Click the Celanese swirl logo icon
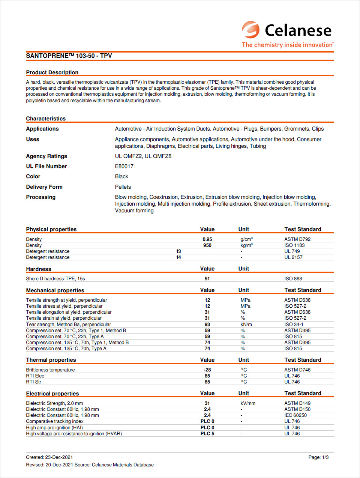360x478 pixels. [250, 30]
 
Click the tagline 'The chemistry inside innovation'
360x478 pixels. [288, 45]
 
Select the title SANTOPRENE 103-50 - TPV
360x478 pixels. [69, 56]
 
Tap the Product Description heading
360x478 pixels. [52, 72]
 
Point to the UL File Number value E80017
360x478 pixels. [124, 166]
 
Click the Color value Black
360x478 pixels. [121, 176]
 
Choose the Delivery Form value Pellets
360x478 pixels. [123, 187]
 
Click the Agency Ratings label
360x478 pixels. [46, 156]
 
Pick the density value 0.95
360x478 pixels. [207, 239]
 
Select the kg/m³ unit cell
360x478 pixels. [246, 245]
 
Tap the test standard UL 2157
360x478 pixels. [293, 257]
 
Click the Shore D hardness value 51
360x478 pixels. [207, 279]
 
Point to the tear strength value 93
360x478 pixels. [207, 325]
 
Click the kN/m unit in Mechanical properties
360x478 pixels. [246, 325]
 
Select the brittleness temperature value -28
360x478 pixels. [207, 370]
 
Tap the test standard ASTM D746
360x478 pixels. [297, 370]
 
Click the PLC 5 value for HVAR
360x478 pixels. [207, 434]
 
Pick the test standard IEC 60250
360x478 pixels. [295, 415]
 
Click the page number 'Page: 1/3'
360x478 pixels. [318, 457]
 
